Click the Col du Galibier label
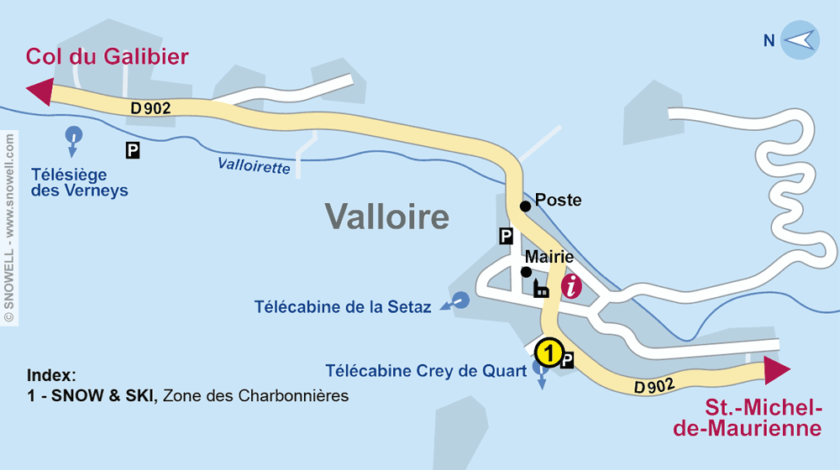[108, 57]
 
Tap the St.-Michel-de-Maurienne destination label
[763, 418]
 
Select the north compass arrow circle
[800, 40]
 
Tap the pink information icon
[571, 286]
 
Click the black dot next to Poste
[525, 206]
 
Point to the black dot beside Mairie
[526, 272]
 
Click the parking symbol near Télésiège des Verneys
[133, 150]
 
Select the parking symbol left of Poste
[506, 236]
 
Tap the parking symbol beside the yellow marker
[567, 360]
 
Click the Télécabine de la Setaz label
[343, 307]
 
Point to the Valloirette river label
[254, 166]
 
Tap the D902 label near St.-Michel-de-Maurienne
[655, 387]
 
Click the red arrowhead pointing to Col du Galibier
[39, 91]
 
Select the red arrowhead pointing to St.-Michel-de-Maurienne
[777, 370]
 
